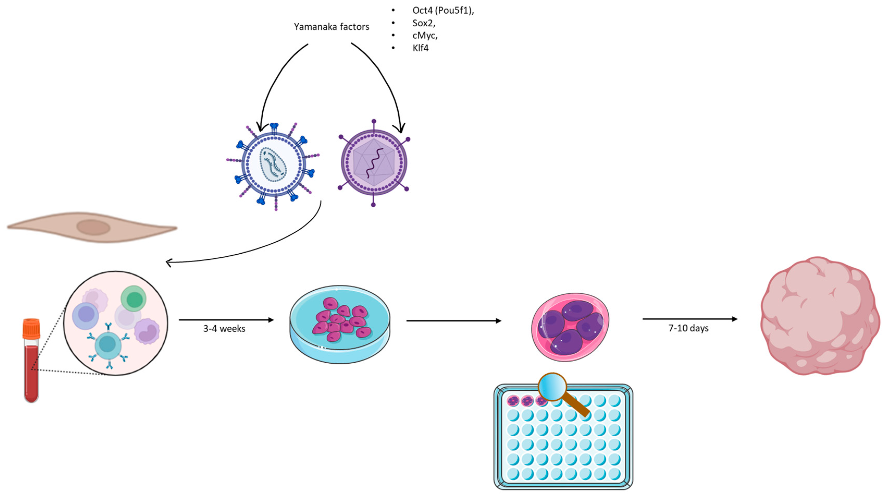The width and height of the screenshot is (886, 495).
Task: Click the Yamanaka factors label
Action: pos(331,27)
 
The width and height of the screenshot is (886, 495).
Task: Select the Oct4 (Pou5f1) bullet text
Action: pos(443,10)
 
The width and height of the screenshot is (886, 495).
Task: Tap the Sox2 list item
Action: pos(424,23)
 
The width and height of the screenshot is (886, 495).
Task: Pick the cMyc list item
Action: pos(425,35)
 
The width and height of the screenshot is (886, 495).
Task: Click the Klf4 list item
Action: pos(420,48)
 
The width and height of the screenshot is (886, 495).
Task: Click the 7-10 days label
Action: pos(688,328)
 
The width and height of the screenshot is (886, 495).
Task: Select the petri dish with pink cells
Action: pos(340,323)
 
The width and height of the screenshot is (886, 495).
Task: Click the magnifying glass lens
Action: pos(552,387)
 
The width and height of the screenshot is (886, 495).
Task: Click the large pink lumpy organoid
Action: pos(819,316)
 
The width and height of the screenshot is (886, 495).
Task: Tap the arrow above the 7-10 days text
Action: pos(690,319)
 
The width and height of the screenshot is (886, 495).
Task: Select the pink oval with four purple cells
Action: pos(570,327)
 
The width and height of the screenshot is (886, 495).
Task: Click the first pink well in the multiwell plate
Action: pos(513,401)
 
